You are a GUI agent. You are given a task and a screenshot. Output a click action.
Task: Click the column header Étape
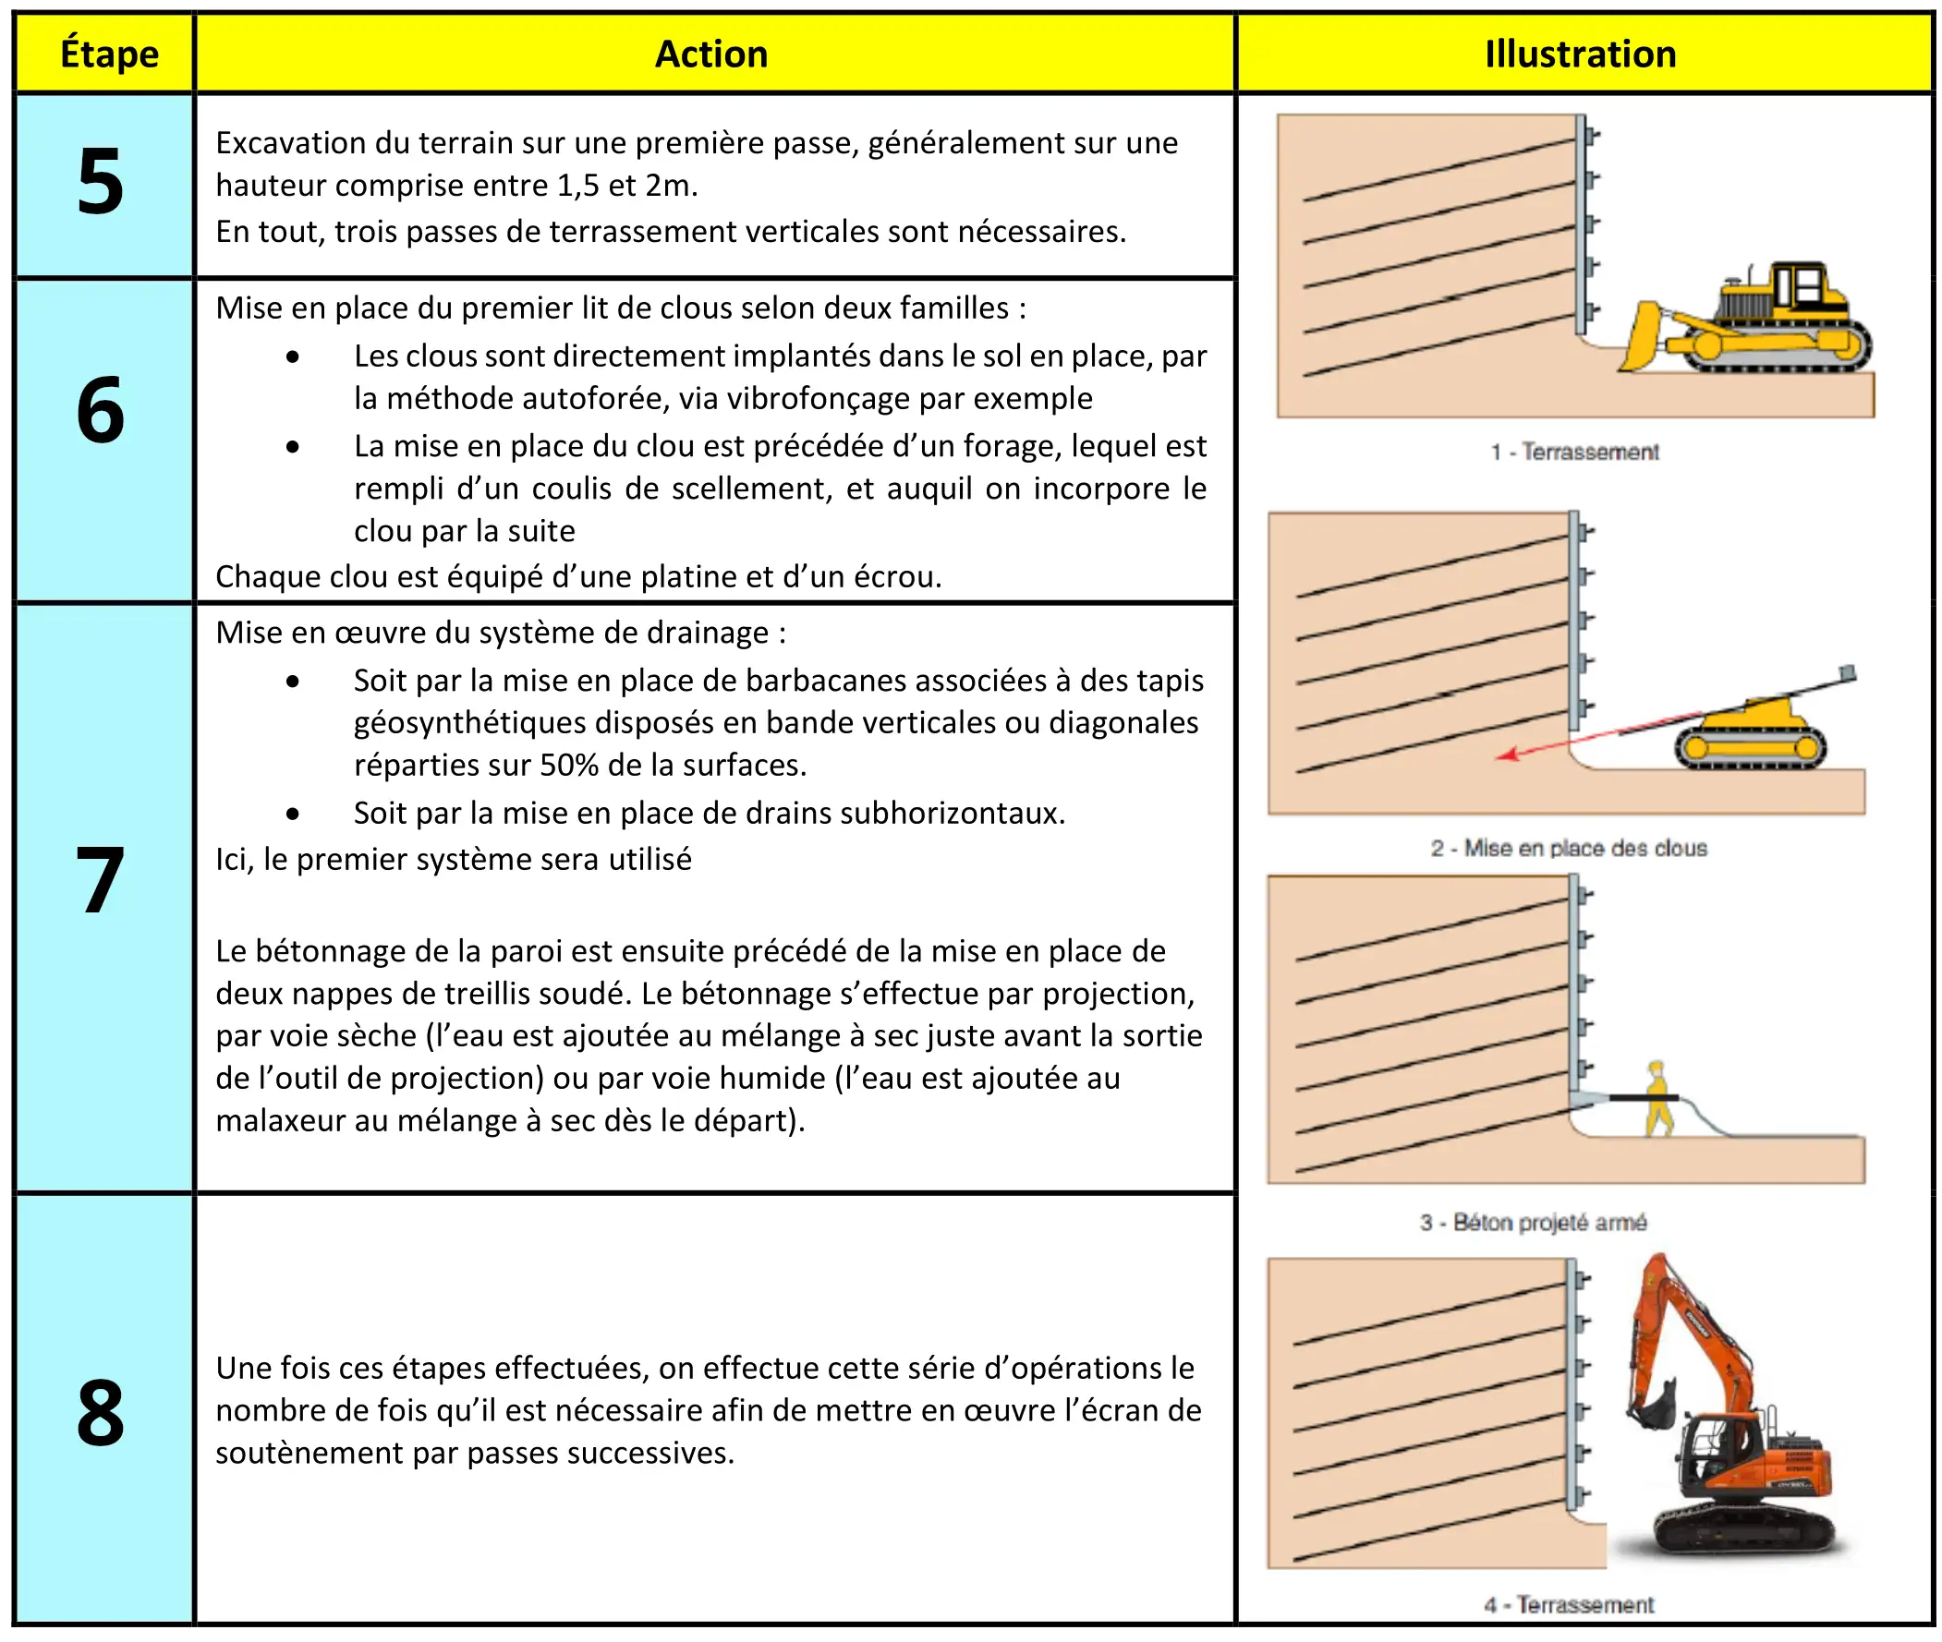coord(109,54)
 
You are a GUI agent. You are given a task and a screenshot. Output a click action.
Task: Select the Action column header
coord(711,54)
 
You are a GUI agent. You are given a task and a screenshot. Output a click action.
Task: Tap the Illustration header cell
coord(1580,54)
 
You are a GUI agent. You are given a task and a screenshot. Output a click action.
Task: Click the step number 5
coord(101,182)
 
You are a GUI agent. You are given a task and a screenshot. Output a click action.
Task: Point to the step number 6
coord(101,409)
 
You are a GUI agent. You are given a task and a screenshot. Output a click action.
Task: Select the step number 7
coord(101,879)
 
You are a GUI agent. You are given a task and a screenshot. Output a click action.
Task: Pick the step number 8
coord(101,1413)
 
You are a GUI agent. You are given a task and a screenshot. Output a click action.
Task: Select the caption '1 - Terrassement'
coord(1574,453)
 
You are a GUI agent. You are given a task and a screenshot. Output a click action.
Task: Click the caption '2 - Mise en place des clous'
coord(1569,848)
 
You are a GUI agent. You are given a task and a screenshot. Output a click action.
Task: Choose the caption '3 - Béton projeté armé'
coord(1534,1222)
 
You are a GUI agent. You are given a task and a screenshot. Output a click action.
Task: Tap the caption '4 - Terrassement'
coord(1569,1605)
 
